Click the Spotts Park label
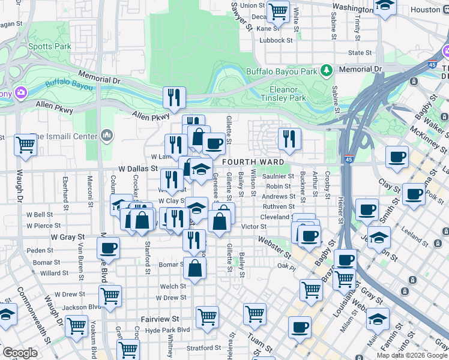[49, 46]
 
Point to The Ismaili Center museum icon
[107, 136]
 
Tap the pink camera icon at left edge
[22, 92]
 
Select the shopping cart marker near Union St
[278, 10]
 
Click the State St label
[360, 53]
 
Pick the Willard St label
[55, 273]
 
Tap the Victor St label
[253, 227]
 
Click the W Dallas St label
[137, 170]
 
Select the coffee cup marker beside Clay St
[413, 194]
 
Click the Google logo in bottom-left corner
[20, 353]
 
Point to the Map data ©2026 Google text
[411, 355]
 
